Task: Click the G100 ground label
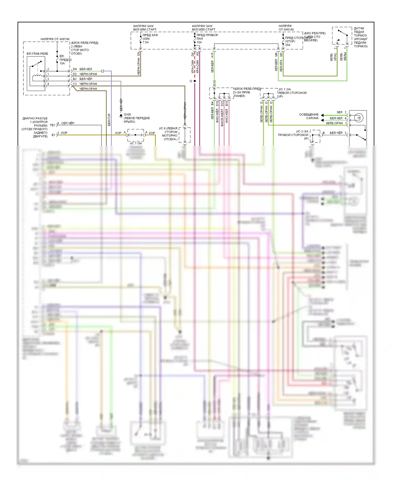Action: coord(127,115)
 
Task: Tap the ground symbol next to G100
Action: coord(121,116)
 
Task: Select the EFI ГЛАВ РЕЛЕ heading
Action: coord(37,54)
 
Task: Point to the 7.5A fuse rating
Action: coord(146,42)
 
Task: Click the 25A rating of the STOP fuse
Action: coord(288,45)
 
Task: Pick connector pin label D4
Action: coord(75,69)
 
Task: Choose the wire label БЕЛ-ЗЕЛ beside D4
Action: coord(86,69)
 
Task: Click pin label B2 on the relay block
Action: coord(75,79)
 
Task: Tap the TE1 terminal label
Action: coord(52,125)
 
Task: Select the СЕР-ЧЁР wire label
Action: coord(68,123)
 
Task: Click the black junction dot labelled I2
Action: coord(195,81)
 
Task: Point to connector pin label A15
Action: coord(212,55)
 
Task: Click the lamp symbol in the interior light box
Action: coord(359,117)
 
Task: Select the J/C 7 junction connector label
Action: coord(136,143)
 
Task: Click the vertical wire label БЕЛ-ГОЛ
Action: coord(109,120)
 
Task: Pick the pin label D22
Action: coord(222,103)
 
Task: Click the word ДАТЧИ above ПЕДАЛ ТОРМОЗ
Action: coord(359,28)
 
